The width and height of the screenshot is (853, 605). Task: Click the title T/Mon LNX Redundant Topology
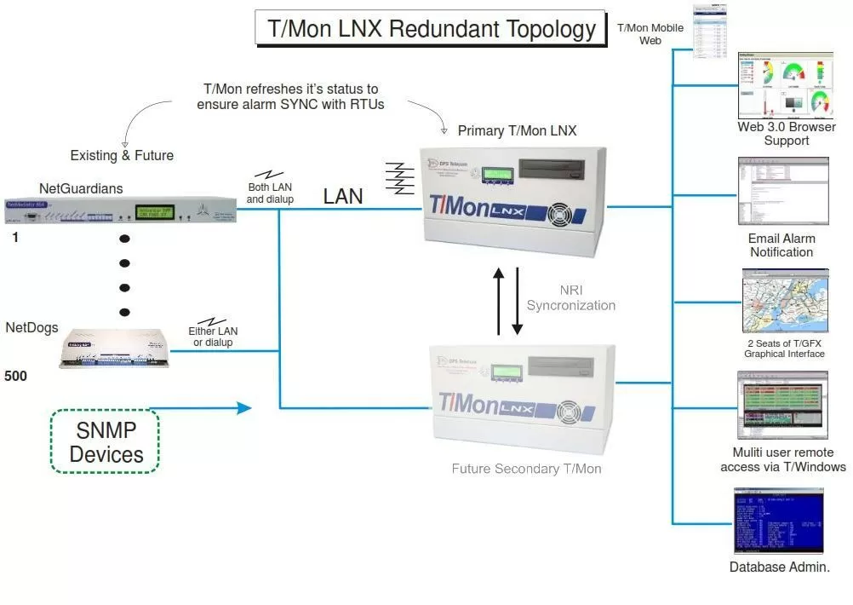click(x=432, y=28)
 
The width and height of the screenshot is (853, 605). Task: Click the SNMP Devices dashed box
click(x=105, y=441)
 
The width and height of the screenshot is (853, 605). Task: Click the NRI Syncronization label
click(x=570, y=297)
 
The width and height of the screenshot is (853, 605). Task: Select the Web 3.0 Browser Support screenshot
click(x=784, y=85)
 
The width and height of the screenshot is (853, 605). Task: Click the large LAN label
click(x=343, y=197)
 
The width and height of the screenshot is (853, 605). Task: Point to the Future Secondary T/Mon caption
click(x=526, y=469)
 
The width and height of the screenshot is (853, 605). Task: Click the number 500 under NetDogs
click(x=15, y=375)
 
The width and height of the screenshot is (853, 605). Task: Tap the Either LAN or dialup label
click(x=213, y=337)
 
